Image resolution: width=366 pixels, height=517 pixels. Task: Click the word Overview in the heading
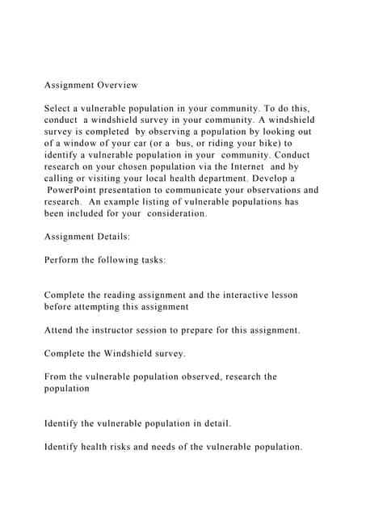(118, 85)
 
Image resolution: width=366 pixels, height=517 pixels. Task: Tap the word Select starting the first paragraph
(61, 108)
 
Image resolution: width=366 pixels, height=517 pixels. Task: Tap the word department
(215, 179)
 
